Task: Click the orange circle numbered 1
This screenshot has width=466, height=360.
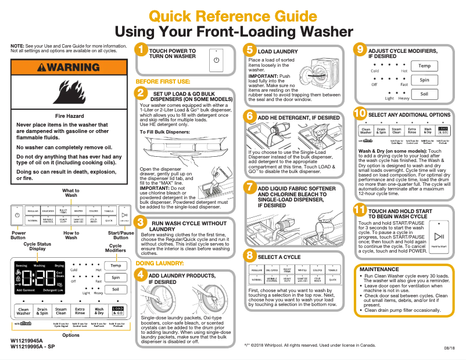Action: point(140,51)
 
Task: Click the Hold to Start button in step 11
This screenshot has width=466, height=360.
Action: point(439,237)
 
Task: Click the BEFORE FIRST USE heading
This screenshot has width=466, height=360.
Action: point(163,81)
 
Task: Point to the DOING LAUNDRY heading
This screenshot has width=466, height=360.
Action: point(160,263)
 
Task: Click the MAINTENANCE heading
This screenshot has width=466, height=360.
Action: point(379,269)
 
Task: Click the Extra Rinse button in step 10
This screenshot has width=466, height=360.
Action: point(412,131)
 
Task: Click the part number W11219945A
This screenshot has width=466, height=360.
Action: point(27,341)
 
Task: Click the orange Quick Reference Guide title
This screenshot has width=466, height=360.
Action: point(234,16)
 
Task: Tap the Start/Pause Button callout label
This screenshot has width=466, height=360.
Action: point(121,235)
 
